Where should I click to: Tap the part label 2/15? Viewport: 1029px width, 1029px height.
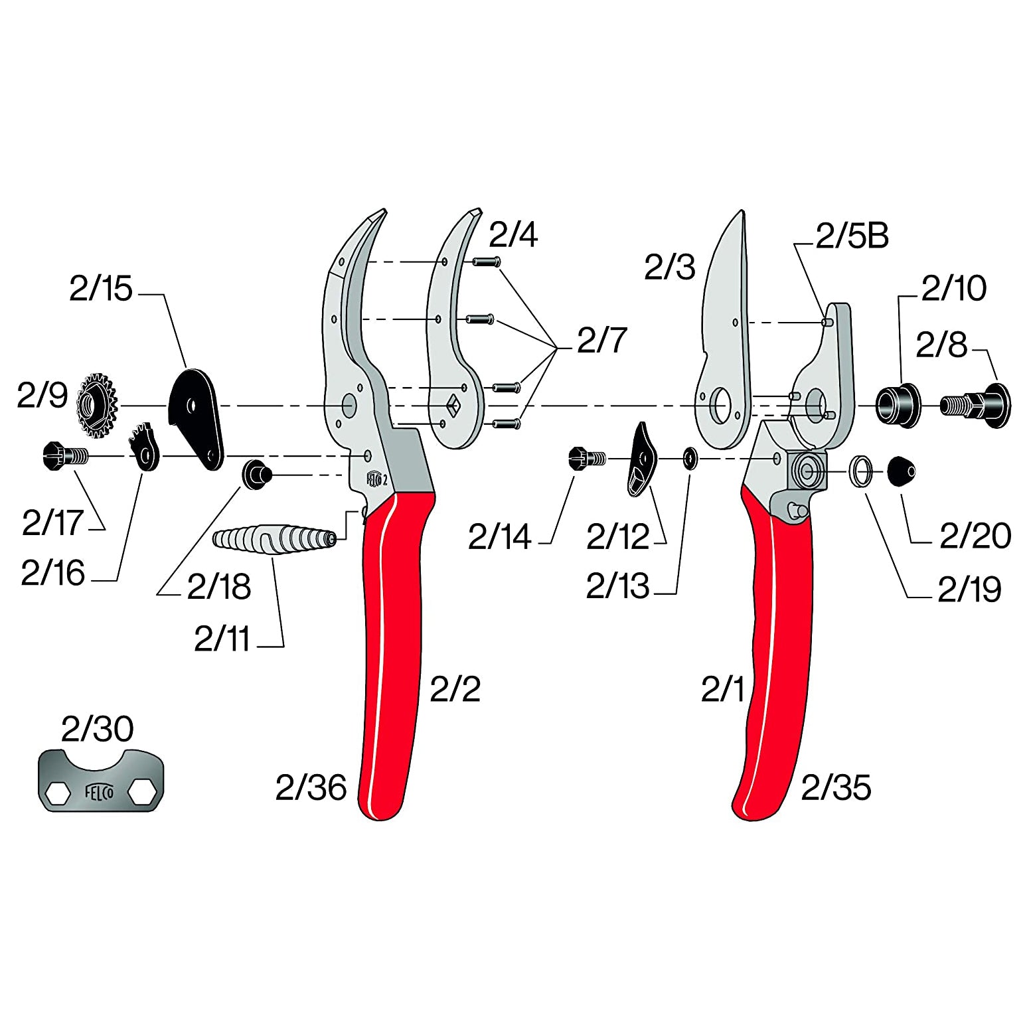(101, 289)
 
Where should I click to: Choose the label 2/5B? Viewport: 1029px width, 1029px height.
(852, 236)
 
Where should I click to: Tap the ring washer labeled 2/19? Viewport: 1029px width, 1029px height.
(861, 471)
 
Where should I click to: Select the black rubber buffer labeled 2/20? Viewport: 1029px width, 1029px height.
(901, 471)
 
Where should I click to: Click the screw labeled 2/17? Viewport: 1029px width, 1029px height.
(64, 456)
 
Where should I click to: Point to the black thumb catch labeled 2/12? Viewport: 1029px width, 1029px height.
(641, 459)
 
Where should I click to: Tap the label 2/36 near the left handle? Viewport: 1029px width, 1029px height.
(311, 788)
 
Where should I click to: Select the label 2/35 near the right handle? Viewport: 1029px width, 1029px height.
(836, 788)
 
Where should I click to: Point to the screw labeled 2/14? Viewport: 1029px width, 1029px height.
(587, 457)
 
